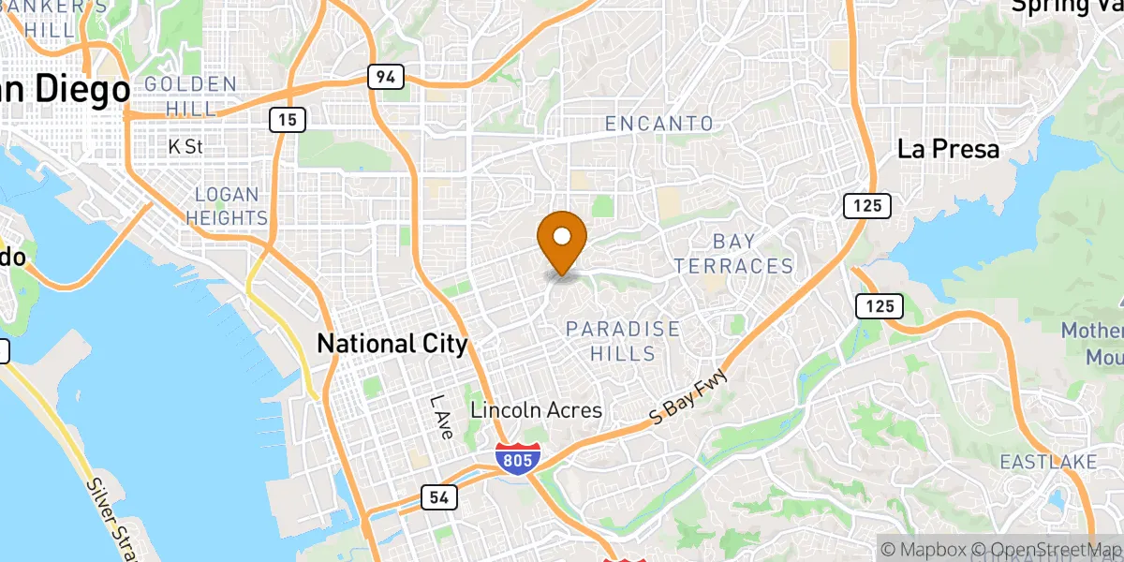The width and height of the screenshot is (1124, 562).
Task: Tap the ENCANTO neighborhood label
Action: coord(658,124)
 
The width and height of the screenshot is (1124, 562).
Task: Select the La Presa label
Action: coord(948,149)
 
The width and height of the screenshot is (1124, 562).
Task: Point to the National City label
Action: coord(392,344)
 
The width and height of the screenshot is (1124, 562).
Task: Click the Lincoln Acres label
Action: coord(536,410)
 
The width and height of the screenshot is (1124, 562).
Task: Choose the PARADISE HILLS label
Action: coord(623,341)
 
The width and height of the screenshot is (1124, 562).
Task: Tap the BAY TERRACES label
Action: coord(733,254)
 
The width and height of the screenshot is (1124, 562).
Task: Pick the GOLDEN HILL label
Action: coord(191,96)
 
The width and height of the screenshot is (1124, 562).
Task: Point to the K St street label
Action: coord(185,146)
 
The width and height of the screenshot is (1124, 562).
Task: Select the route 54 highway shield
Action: coord(437,497)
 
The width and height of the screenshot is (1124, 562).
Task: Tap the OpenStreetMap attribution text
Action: coord(1045,549)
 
